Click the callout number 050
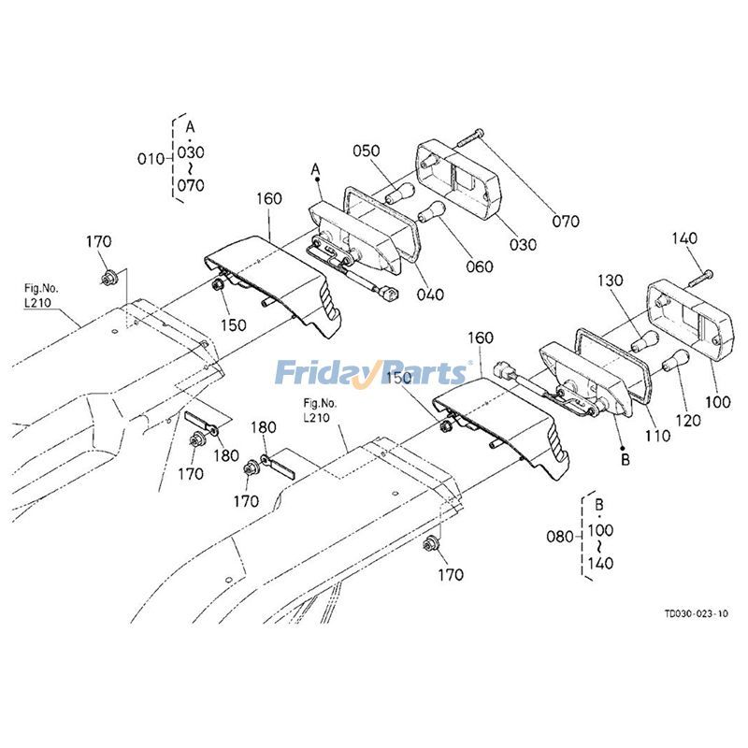pyautogui.click(x=366, y=151)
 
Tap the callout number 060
pyautogui.click(x=480, y=266)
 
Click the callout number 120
pyautogui.click(x=687, y=421)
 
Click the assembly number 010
pyautogui.click(x=151, y=158)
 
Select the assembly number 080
pyautogui.click(x=559, y=538)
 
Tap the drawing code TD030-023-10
pyautogui.click(x=696, y=614)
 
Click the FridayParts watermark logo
pyautogui.click(x=371, y=373)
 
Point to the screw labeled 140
pyautogui.click(x=700, y=277)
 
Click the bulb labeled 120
pyautogui.click(x=672, y=361)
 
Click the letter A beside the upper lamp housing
pyautogui.click(x=316, y=169)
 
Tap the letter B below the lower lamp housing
pyautogui.click(x=626, y=459)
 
